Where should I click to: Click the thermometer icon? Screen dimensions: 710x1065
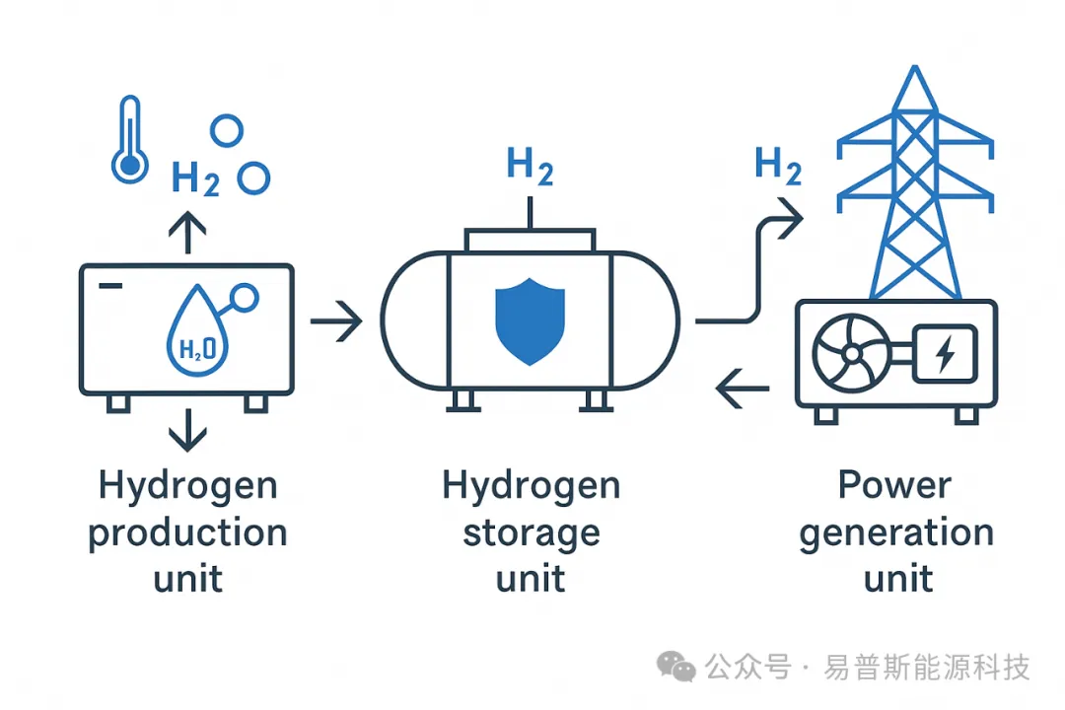[x=129, y=139]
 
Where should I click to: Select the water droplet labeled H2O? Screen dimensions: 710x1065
[x=199, y=335]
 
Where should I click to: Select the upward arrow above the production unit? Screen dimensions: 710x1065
[x=187, y=235]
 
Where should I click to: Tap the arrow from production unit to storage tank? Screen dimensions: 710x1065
[x=335, y=321]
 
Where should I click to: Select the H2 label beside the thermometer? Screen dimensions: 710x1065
[x=195, y=179]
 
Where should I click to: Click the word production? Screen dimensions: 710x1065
[x=187, y=533]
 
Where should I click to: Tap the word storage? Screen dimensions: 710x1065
[x=531, y=533]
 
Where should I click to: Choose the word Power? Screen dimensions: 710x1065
[x=895, y=485]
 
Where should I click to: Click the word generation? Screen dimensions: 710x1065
[x=895, y=533]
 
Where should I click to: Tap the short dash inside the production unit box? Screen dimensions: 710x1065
[x=111, y=286]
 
